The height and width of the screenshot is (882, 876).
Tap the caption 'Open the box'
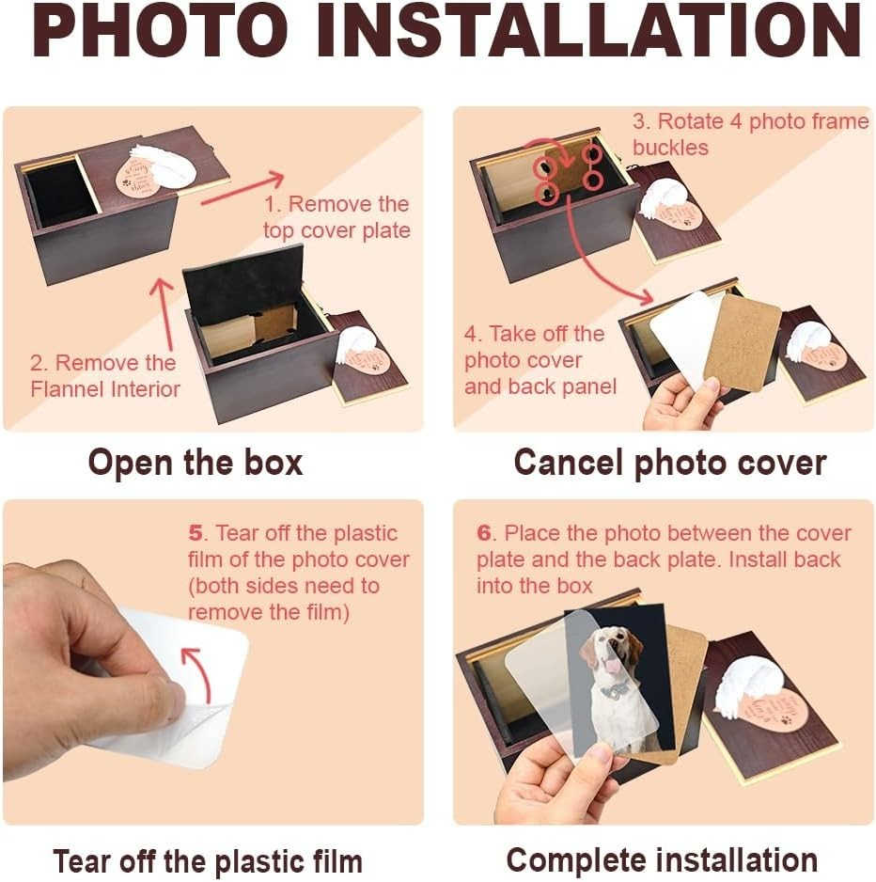tap(196, 463)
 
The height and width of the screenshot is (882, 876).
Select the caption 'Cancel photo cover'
tap(669, 463)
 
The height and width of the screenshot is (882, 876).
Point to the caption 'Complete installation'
tap(662, 860)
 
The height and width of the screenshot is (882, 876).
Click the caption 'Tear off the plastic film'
tap(208, 861)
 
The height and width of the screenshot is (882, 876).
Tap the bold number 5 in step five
tap(196, 532)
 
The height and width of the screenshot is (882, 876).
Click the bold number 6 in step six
tap(483, 532)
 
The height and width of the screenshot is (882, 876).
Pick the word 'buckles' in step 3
tap(670, 148)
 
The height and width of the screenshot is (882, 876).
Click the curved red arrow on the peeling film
tap(198, 672)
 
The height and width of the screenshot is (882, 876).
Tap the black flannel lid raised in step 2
tap(242, 284)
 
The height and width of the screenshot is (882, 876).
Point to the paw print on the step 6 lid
tap(786, 718)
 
